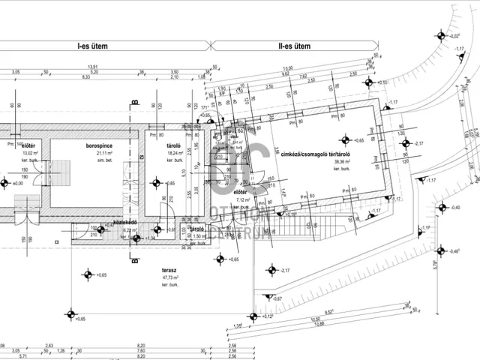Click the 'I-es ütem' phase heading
tap(93, 46)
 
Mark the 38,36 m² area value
tap(343, 162)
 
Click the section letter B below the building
tap(133, 262)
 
